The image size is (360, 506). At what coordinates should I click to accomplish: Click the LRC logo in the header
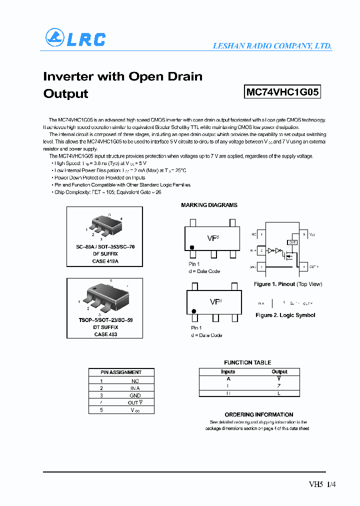pyautogui.click(x=75, y=38)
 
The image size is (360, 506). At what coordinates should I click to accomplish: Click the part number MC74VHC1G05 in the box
pyautogui.click(x=282, y=92)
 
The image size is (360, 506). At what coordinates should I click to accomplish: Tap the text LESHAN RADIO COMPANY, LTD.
pyautogui.click(x=272, y=46)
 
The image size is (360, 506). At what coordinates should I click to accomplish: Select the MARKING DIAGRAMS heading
pyautogui.click(x=209, y=205)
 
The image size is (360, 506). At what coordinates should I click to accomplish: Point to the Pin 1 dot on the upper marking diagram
pyautogui.click(x=191, y=247)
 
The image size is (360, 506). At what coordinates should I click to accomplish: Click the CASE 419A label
pyautogui.click(x=105, y=261)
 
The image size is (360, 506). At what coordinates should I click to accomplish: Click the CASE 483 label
pyautogui.click(x=105, y=334)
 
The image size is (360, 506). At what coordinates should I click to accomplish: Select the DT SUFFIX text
pyautogui.click(x=105, y=327)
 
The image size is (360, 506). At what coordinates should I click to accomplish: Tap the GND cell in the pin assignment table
pyautogui.click(x=134, y=395)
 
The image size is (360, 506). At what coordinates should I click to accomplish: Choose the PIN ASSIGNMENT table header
pyautogui.click(x=121, y=372)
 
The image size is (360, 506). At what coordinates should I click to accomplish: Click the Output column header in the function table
pyautogui.click(x=279, y=371)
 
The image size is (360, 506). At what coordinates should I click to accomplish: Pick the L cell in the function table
pyautogui.click(x=279, y=393)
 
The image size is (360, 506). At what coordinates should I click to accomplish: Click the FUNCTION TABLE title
pyautogui.click(x=247, y=362)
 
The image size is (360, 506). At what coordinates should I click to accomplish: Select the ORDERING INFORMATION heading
pyautogui.click(x=258, y=414)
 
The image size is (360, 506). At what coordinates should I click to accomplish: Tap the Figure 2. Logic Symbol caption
pyautogui.click(x=285, y=315)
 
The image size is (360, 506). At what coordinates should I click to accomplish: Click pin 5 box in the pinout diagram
pyautogui.click(x=303, y=234)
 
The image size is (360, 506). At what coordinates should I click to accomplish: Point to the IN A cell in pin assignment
pyautogui.click(x=134, y=388)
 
